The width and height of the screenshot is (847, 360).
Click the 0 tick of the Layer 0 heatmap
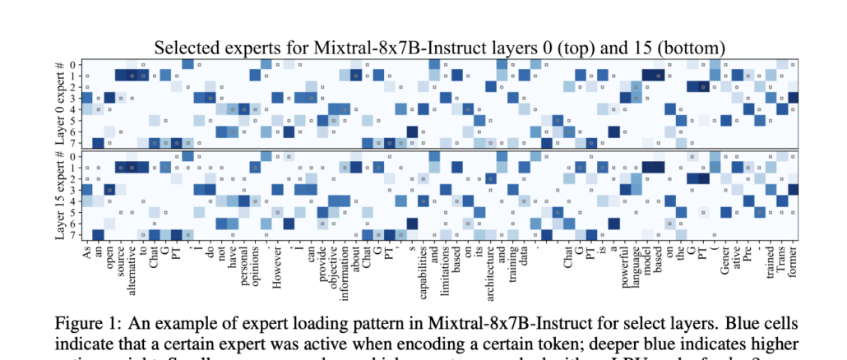(x=75, y=64)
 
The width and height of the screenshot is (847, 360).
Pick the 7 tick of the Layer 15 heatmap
(x=75, y=234)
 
